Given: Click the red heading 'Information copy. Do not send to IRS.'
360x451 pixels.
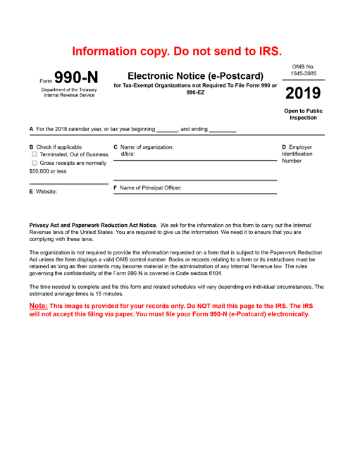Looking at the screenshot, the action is pyautogui.click(x=180, y=51).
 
